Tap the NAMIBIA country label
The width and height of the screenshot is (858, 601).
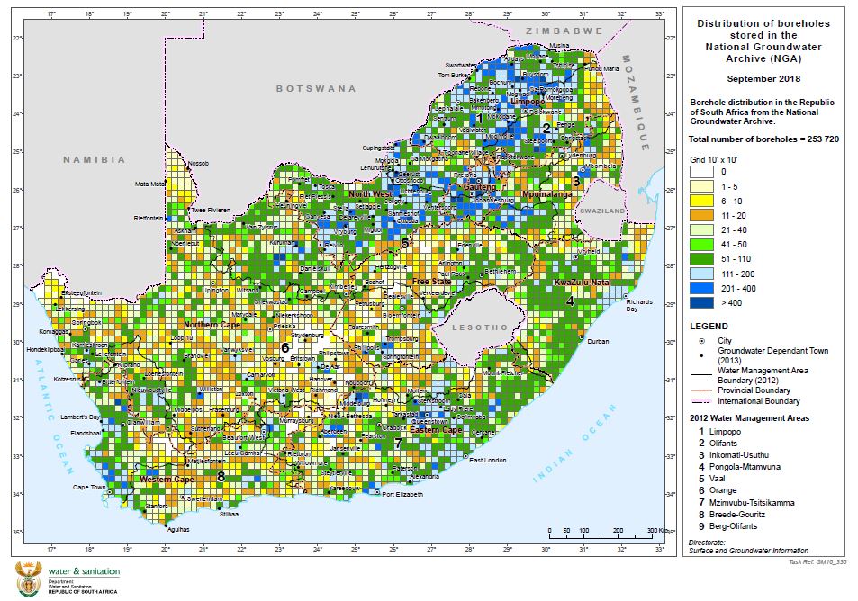[94, 159]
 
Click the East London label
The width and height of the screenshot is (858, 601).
[486, 461]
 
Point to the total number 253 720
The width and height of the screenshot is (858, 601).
[801, 140]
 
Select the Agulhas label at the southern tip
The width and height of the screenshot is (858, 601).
[179, 530]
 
